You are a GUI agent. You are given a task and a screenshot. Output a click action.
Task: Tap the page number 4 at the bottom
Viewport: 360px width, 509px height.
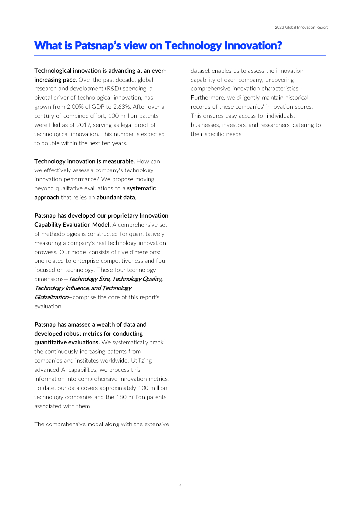click(x=180, y=485)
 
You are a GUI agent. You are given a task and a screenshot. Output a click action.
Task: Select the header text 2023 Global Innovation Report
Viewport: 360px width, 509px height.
click(x=301, y=27)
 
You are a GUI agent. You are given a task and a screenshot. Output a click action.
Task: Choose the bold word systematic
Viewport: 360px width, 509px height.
click(x=141, y=188)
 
